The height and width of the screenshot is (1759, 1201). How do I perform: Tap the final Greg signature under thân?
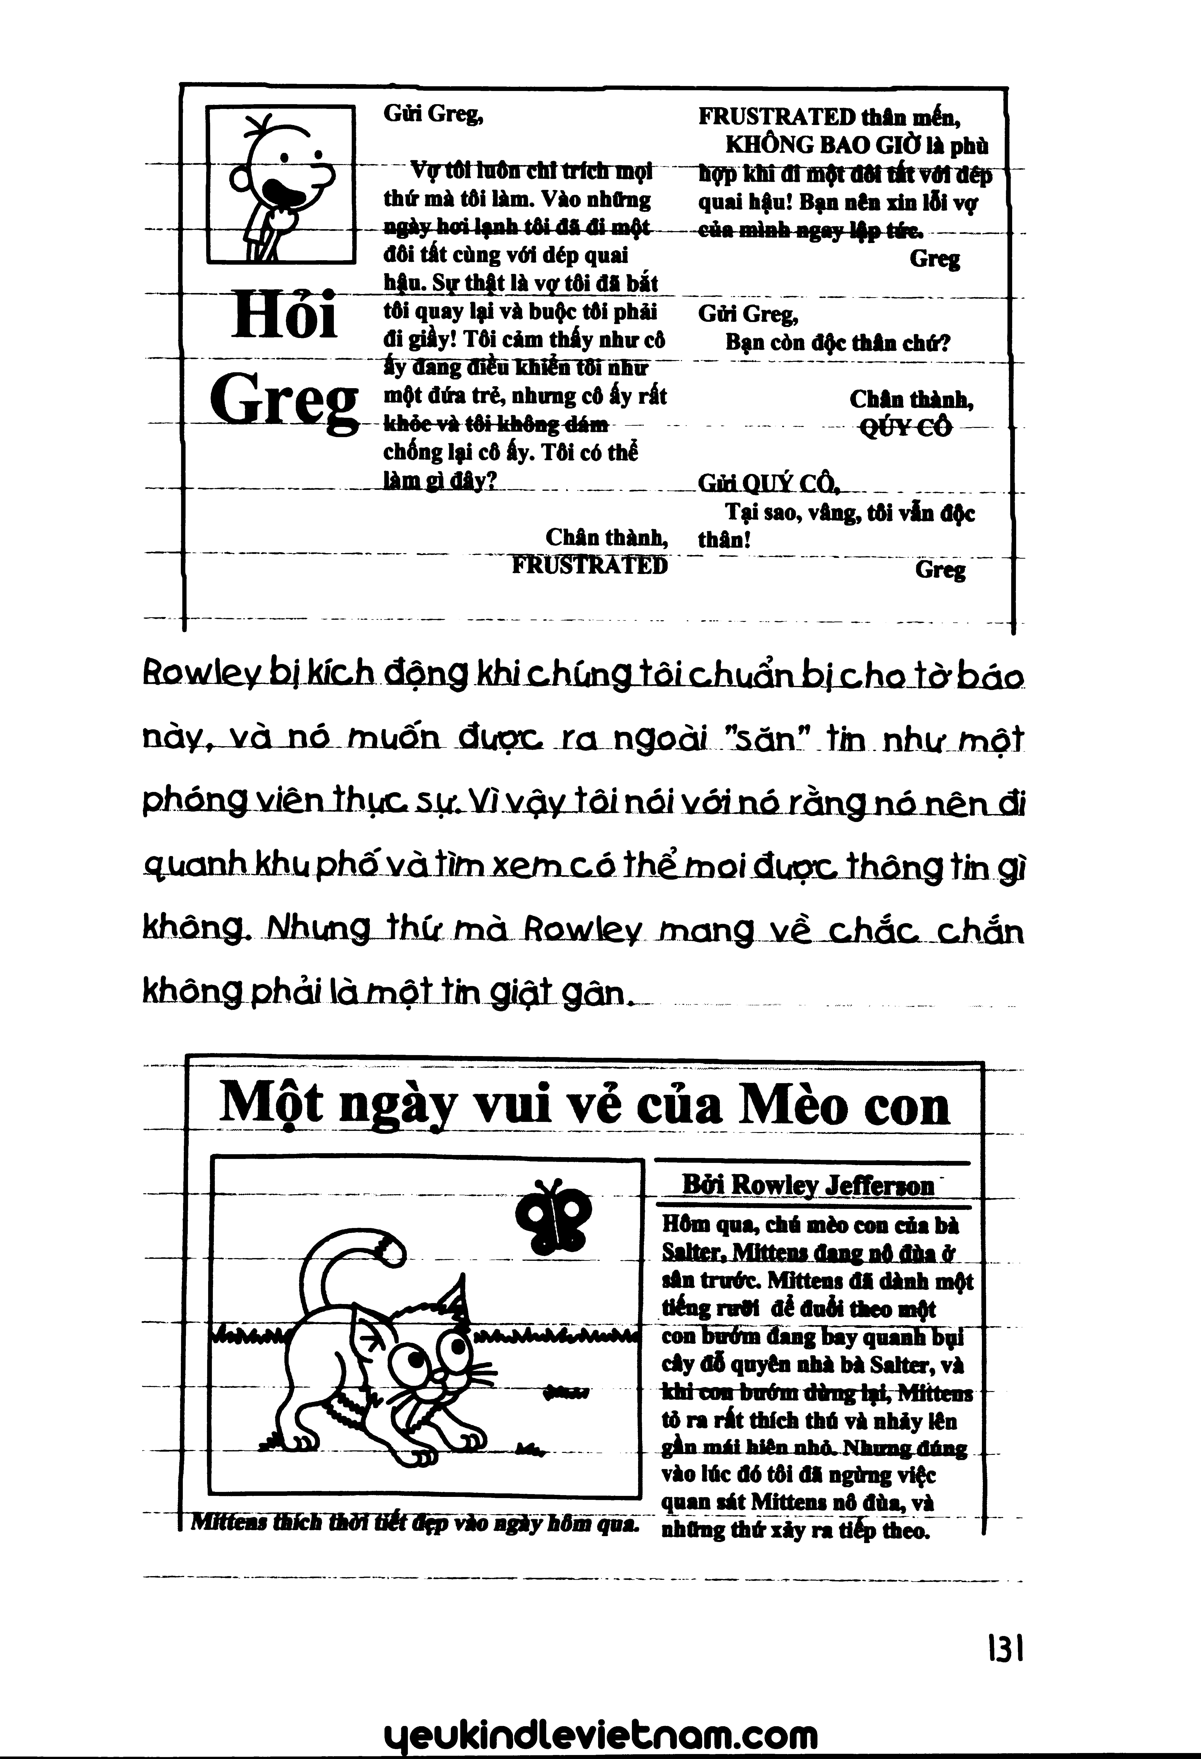[940, 571]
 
